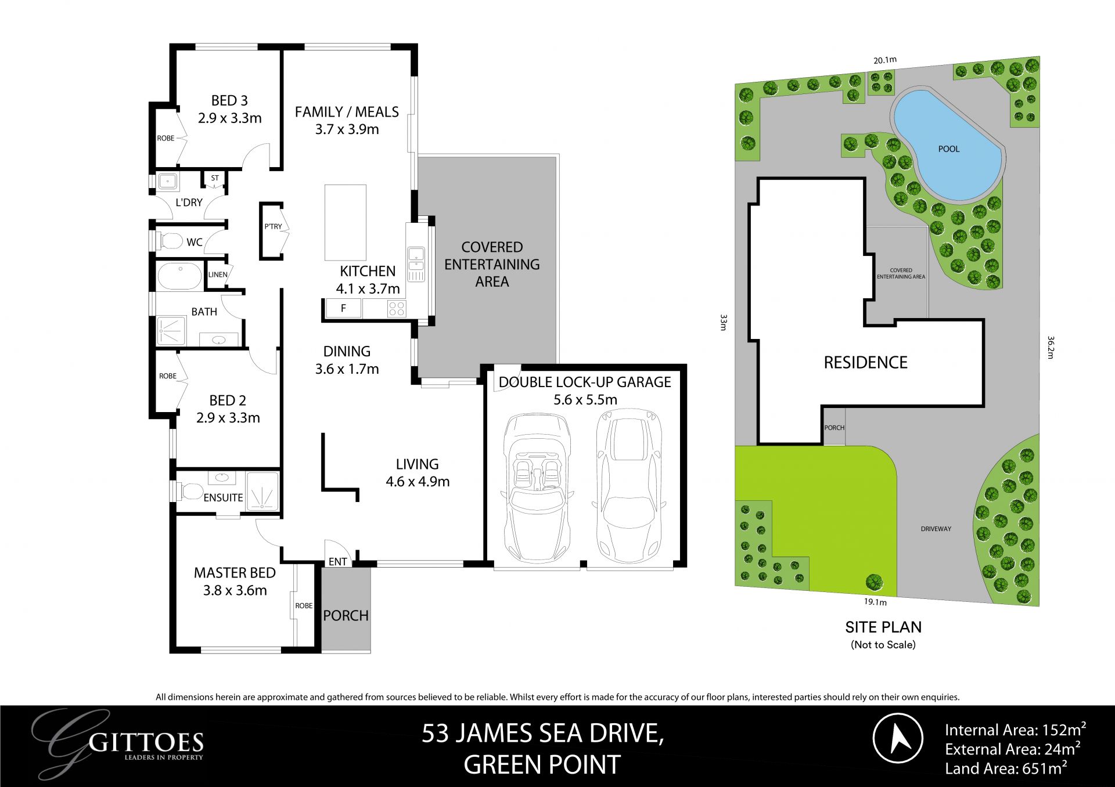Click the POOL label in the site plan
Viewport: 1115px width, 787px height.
pyautogui.click(x=948, y=149)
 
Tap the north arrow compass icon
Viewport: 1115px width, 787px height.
pyautogui.click(x=898, y=738)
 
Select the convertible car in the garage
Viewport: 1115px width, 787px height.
pyautogui.click(x=537, y=488)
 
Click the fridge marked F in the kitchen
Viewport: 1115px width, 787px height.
pyautogui.click(x=343, y=309)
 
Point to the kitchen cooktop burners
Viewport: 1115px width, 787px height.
pyautogui.click(x=397, y=308)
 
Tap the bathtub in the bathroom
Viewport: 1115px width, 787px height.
pyautogui.click(x=180, y=276)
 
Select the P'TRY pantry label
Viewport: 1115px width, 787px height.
pyautogui.click(x=273, y=226)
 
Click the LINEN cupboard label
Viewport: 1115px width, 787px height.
pyautogui.click(x=218, y=275)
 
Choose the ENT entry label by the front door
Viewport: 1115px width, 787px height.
pyautogui.click(x=337, y=561)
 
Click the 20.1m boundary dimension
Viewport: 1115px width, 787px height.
pyautogui.click(x=885, y=60)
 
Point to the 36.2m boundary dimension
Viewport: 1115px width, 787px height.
pyautogui.click(x=1051, y=347)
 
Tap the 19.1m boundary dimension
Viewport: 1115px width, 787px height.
pyautogui.click(x=875, y=602)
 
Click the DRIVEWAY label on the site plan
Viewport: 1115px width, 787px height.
pyautogui.click(x=936, y=529)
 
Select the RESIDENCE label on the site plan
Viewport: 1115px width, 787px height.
pyautogui.click(x=865, y=363)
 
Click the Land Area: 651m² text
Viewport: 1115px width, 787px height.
pyautogui.click(x=1005, y=768)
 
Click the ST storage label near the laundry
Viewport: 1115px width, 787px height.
pyautogui.click(x=215, y=178)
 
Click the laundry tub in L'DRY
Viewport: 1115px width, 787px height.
pyautogui.click(x=168, y=182)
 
